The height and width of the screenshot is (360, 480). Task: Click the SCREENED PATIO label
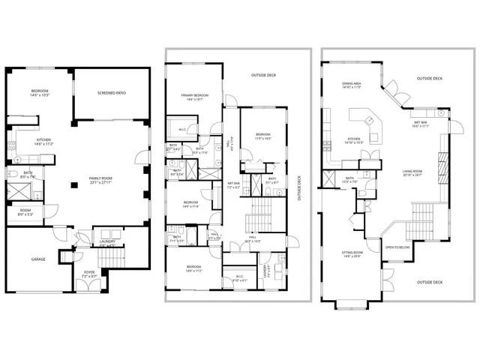tap(111, 94)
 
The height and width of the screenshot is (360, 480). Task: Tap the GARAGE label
tap(38, 259)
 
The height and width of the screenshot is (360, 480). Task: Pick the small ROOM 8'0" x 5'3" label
tap(25, 212)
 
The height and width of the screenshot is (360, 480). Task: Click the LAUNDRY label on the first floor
tap(107, 242)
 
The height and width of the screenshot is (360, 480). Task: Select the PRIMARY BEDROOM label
tap(193, 97)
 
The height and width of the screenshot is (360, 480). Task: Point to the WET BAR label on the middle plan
tap(233, 184)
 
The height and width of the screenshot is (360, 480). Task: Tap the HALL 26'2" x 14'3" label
tap(250, 240)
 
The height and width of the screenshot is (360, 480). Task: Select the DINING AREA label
tap(352, 85)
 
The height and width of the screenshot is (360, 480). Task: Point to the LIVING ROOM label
tap(412, 172)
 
